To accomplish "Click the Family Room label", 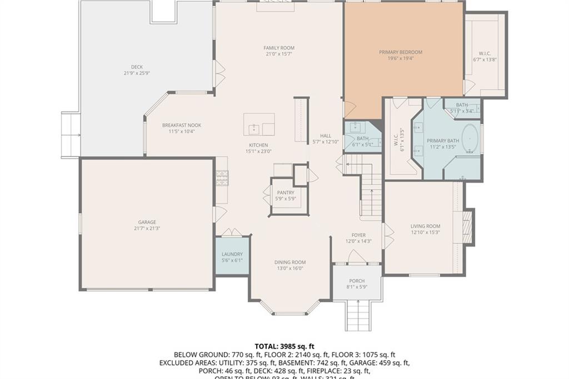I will [x=279, y=48].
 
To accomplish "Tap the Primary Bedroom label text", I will [x=401, y=52].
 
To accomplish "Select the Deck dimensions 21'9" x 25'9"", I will [x=137, y=73].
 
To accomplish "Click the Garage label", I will [x=147, y=222].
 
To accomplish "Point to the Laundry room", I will [x=232, y=257].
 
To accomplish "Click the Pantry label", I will [x=286, y=193].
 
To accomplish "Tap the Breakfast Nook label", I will [x=182, y=125].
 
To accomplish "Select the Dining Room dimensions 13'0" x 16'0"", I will [x=290, y=268].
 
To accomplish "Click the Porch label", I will [x=357, y=281].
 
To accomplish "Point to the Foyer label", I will [x=358, y=235].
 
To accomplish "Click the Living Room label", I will [x=425, y=226].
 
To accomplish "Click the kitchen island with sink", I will [x=259, y=125].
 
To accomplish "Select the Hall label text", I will [x=326, y=136].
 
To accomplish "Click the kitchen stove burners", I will [x=221, y=178].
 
